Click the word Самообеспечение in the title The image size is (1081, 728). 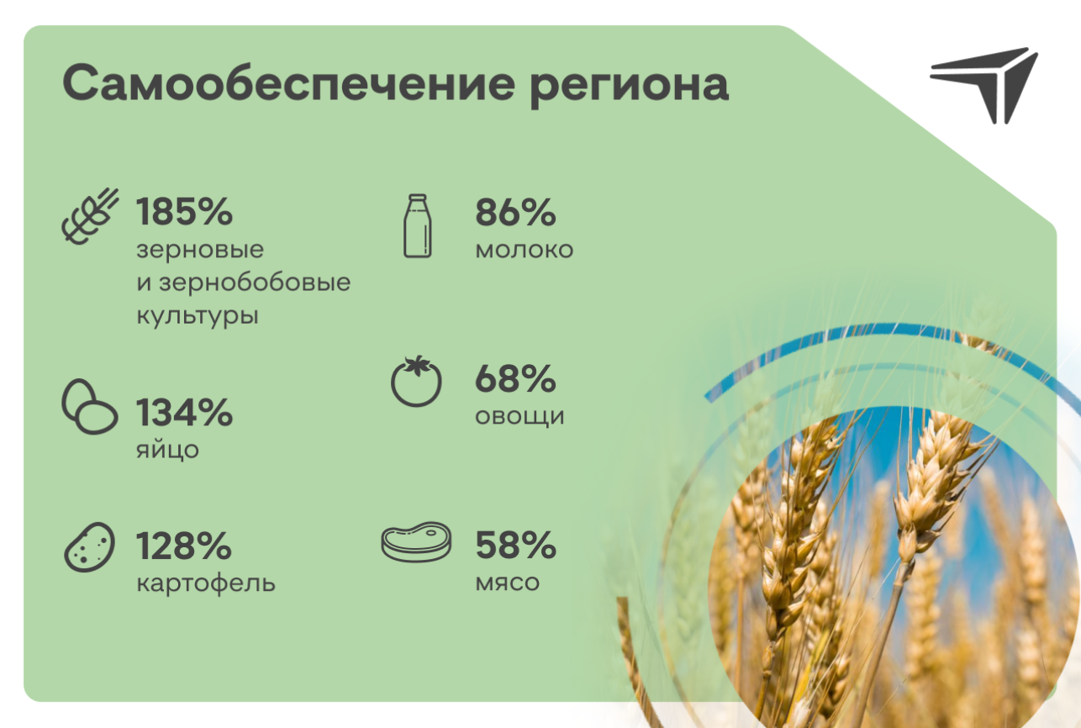pos(288,82)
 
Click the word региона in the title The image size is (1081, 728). pos(630,87)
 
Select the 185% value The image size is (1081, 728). pos(184,212)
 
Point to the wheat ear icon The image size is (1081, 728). pos(90,216)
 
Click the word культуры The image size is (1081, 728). pos(198,316)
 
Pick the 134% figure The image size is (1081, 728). pos(184,412)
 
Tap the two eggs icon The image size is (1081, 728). pos(90,407)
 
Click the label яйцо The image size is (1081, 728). pos(167,449)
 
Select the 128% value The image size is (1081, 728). pos(184,546)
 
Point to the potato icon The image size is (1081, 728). pos(89,547)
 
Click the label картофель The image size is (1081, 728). pos(206,583)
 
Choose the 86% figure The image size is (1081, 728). pos(515,212)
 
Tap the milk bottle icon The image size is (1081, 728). pos(418,226)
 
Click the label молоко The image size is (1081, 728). pos(524,250)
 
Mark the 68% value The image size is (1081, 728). pos(515,378)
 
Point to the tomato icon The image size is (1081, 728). pos(416,381)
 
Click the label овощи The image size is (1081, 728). pos(519,417)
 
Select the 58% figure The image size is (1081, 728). pos(515,545)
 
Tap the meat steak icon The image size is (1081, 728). pos(416,541)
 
